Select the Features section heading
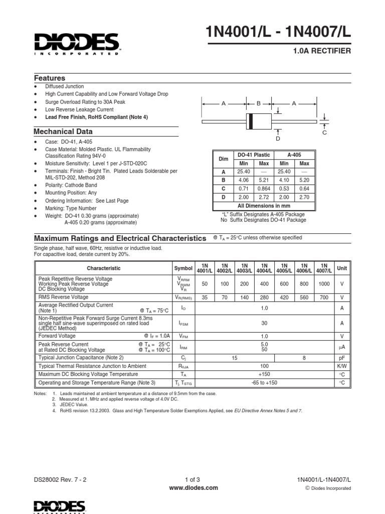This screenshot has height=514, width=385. click(x=50, y=78)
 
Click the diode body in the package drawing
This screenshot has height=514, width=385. click(x=257, y=121)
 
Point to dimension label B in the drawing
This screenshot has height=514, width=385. click(x=259, y=103)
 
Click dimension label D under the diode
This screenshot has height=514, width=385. click(x=277, y=138)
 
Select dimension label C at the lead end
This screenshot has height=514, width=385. click(x=324, y=133)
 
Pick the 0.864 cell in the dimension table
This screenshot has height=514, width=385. click(x=264, y=188)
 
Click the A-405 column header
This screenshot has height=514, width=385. click(x=294, y=156)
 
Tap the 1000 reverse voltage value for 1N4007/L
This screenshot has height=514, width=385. click(x=324, y=284)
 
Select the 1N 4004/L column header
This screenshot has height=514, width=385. click(x=265, y=268)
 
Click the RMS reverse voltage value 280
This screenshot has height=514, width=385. click(x=265, y=297)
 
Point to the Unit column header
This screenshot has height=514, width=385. click(x=342, y=268)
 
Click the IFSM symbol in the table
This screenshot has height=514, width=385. click(x=183, y=324)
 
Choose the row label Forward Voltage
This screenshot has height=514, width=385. click(x=57, y=336)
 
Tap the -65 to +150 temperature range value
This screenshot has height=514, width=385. click(x=264, y=383)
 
